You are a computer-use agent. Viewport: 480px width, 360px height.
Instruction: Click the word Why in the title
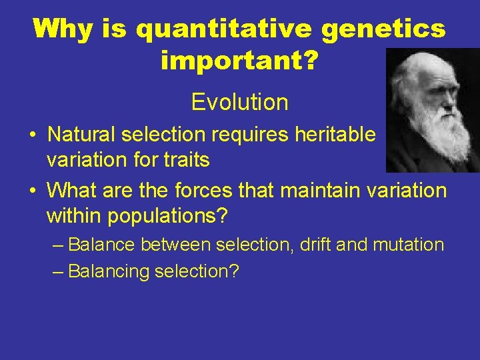click(x=61, y=29)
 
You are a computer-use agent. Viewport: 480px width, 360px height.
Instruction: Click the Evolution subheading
click(x=239, y=102)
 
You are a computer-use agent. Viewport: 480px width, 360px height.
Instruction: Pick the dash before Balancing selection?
click(x=58, y=271)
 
